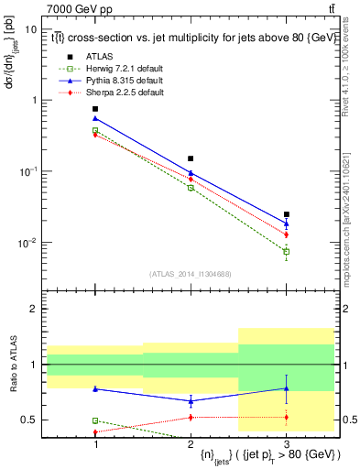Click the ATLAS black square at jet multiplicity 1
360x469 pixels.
tap(95, 109)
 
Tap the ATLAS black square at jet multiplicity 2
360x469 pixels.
tap(191, 158)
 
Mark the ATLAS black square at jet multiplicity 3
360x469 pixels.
tap(287, 214)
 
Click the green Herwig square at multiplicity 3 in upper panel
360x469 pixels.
tap(287, 251)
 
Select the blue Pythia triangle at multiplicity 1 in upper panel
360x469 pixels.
tap(95, 118)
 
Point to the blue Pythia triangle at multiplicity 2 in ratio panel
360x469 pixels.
tap(191, 400)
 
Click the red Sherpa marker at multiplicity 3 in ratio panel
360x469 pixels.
tap(287, 418)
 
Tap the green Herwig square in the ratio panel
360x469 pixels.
tap(95, 420)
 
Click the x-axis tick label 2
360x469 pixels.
tap(191, 444)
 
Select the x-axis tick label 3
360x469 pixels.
tap(287, 444)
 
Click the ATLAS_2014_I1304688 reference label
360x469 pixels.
tap(191, 273)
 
